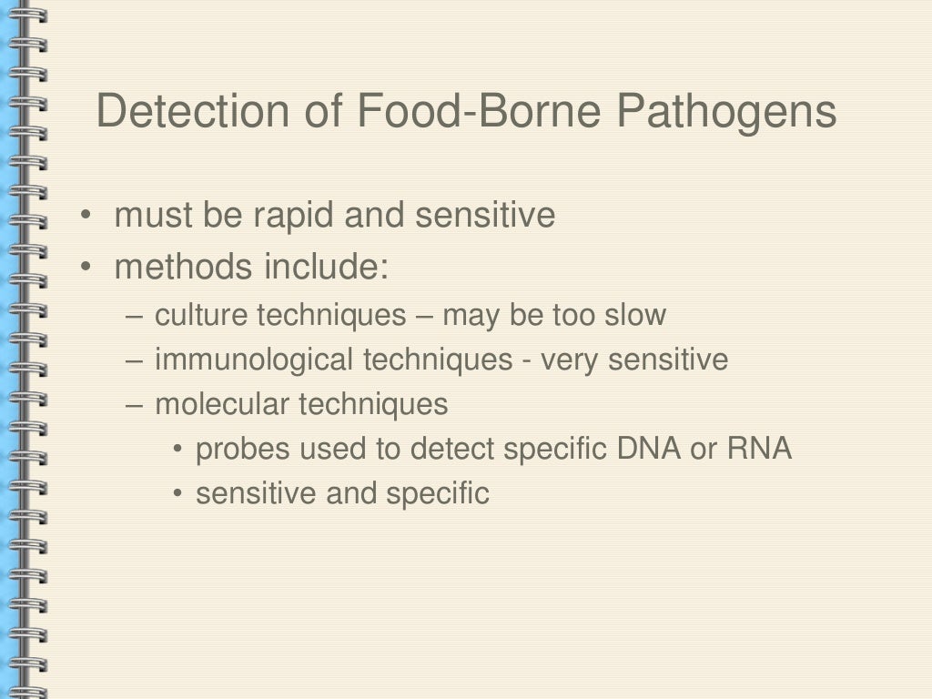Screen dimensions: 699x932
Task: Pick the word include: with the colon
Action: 327,268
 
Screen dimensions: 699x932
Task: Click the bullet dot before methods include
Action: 85,269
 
